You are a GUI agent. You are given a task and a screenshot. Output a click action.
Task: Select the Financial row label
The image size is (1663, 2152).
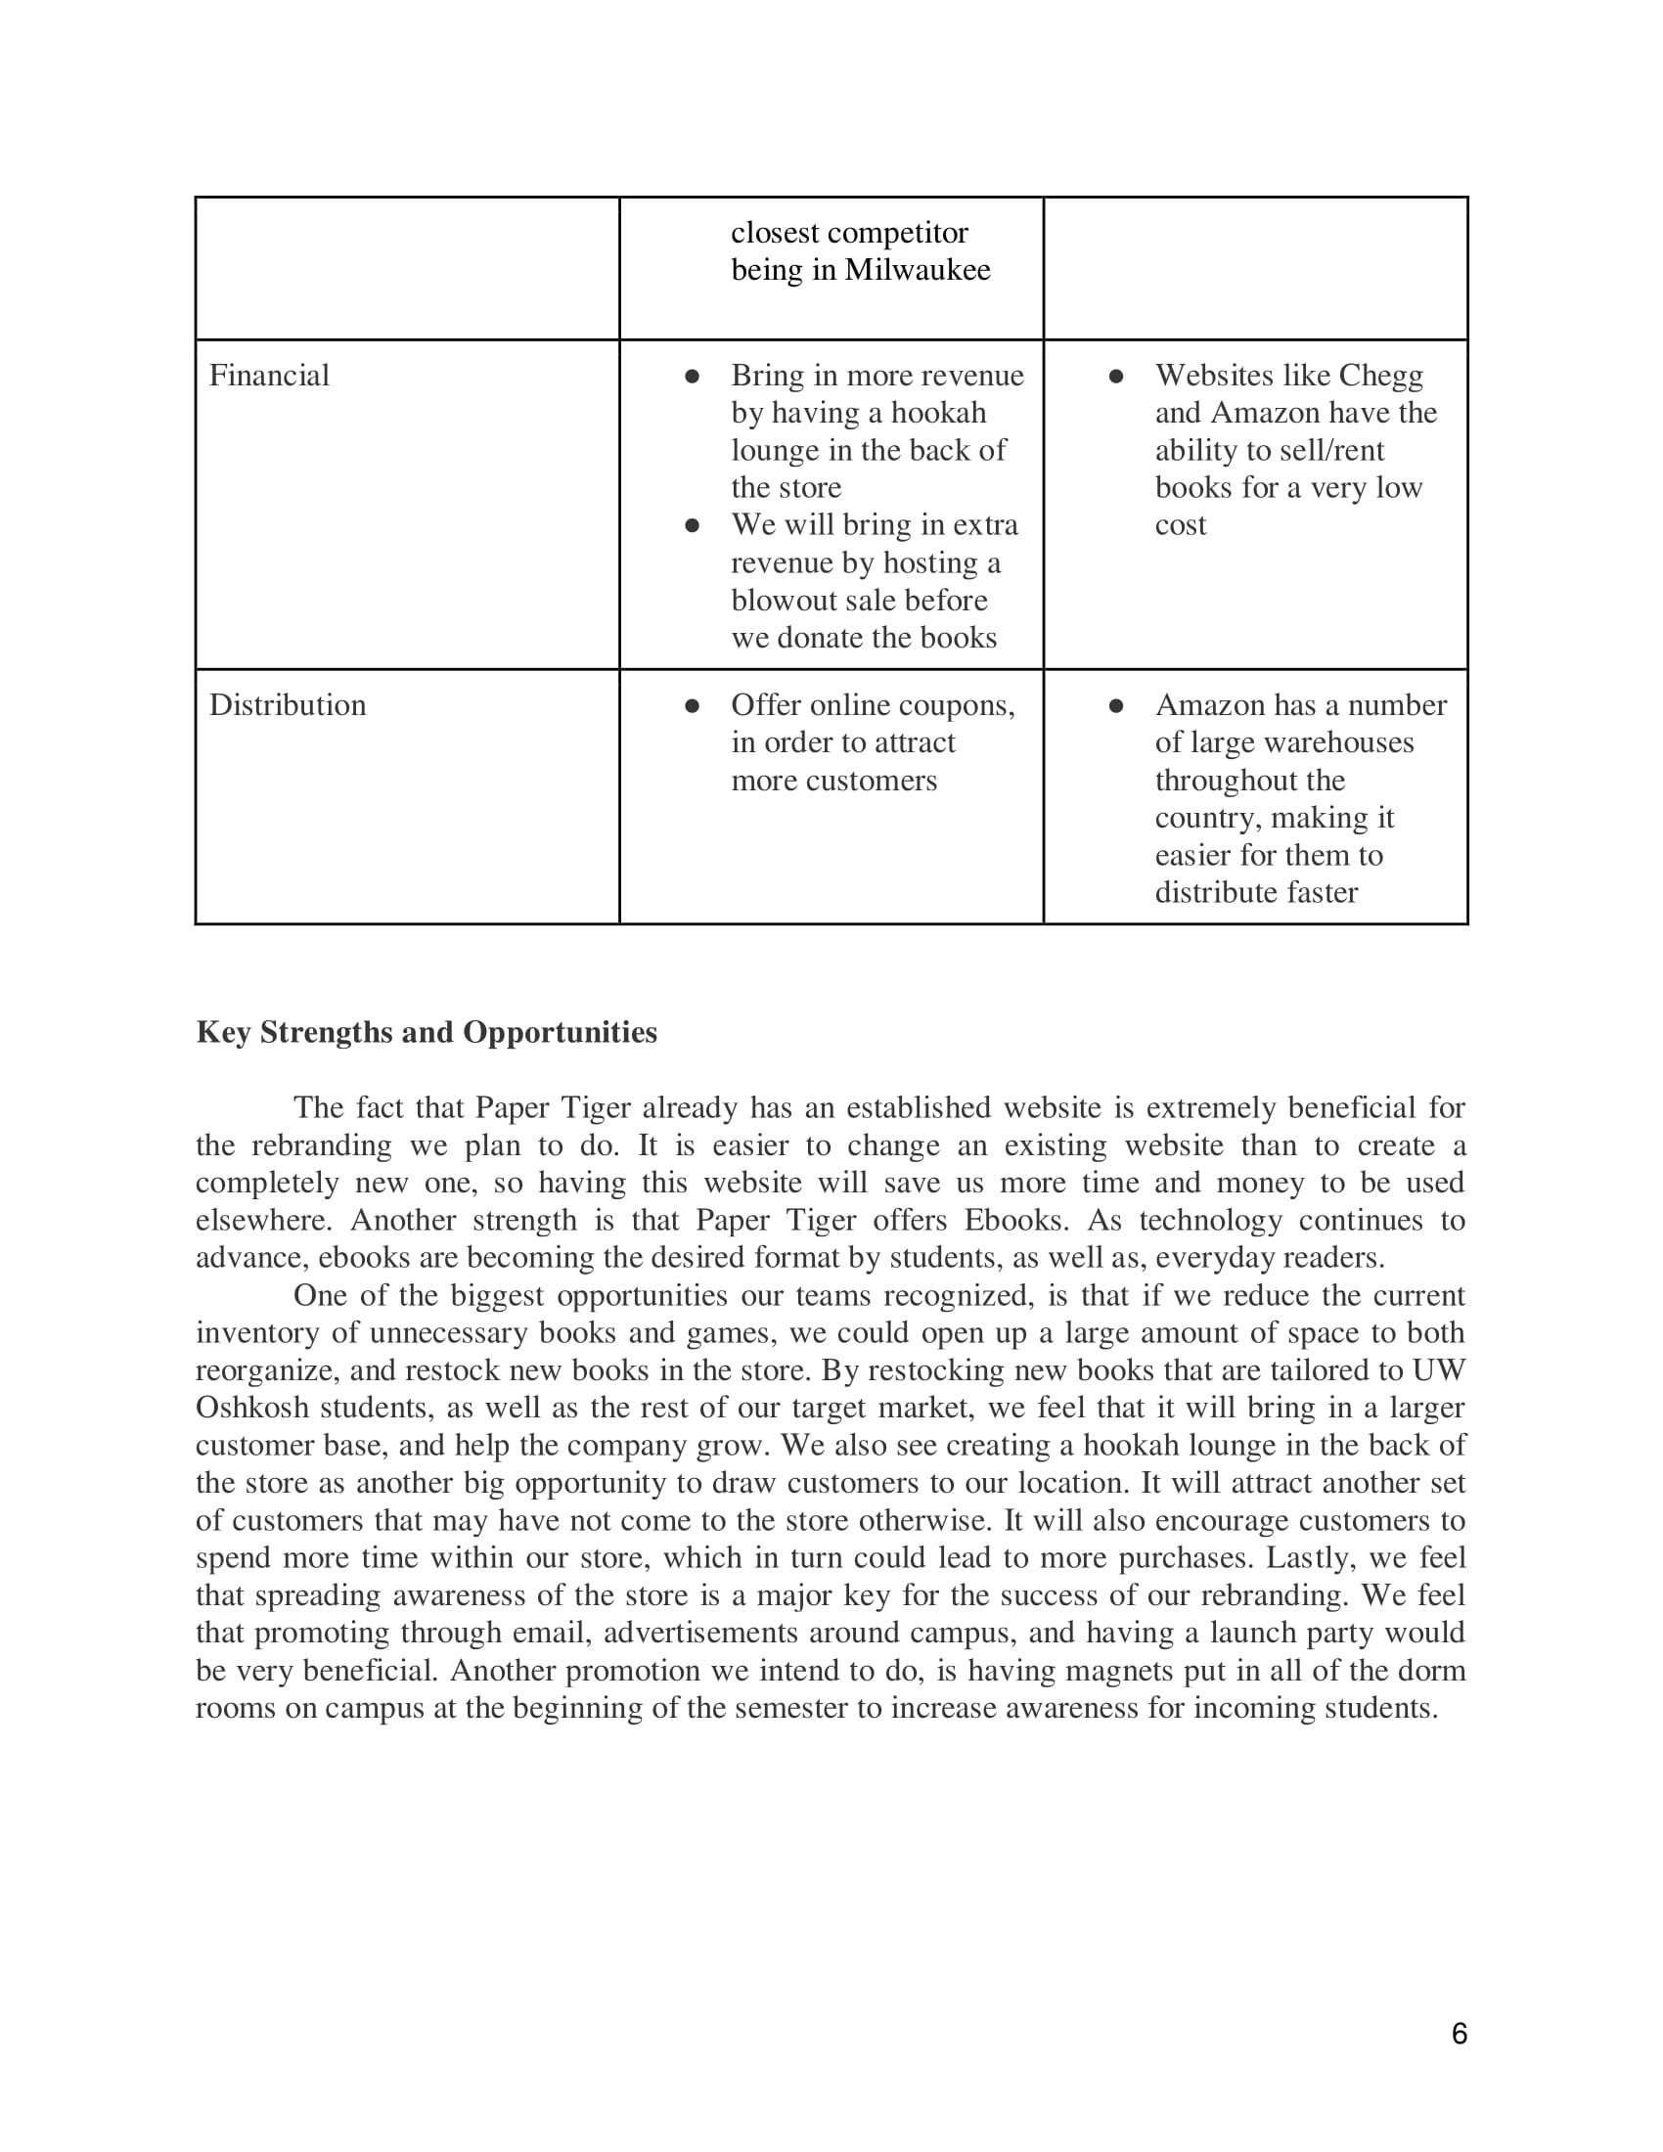tap(269, 376)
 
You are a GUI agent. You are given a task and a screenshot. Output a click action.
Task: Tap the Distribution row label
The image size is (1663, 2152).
tap(287, 705)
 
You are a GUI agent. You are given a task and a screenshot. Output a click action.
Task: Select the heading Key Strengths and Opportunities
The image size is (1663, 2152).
tap(427, 1033)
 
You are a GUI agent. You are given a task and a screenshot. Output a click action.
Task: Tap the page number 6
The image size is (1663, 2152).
tap(1460, 2034)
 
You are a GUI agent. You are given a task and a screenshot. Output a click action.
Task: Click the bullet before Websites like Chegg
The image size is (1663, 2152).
tap(1116, 377)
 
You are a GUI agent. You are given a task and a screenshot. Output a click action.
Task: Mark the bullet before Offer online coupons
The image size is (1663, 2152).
tap(692, 706)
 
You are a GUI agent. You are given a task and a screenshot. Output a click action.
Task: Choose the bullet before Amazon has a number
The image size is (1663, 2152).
tap(1116, 706)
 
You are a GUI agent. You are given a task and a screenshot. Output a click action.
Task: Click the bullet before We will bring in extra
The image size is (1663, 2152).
tap(692, 526)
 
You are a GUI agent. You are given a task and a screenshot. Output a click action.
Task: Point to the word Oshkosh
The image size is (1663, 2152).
tap(251, 1407)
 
